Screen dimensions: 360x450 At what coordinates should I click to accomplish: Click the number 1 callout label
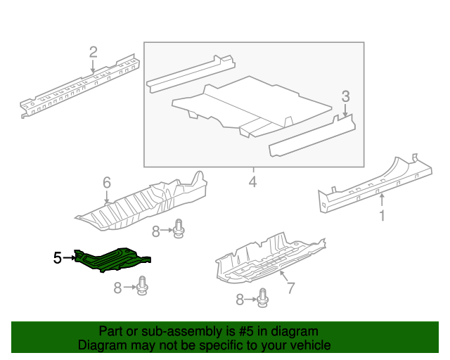pyautogui.click(x=382, y=216)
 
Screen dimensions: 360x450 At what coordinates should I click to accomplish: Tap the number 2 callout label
pyautogui.click(x=93, y=51)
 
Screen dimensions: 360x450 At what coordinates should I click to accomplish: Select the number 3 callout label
pyautogui.click(x=345, y=96)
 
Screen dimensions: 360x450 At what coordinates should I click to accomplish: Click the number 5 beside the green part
pyautogui.click(x=57, y=258)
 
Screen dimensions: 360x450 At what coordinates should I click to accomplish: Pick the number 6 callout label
pyautogui.click(x=107, y=183)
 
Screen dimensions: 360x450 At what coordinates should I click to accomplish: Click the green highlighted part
pyautogui.click(x=112, y=259)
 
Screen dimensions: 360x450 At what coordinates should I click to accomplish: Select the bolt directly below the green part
pyautogui.click(x=145, y=285)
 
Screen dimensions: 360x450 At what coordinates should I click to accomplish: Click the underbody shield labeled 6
pyautogui.click(x=141, y=204)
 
